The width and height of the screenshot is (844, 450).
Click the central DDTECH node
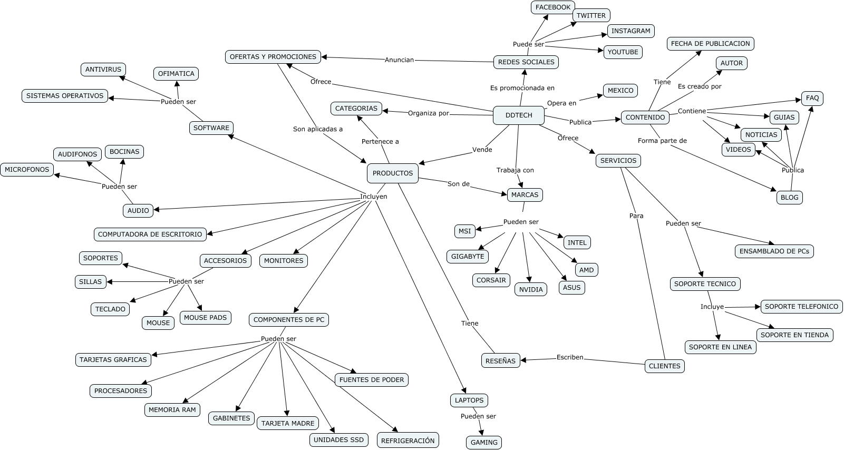click(519, 115)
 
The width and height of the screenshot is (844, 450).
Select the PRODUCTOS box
click(393, 173)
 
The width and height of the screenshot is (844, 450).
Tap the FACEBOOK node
click(553, 7)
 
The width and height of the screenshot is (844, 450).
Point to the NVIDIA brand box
click(531, 289)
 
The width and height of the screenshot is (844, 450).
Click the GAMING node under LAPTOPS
click(484, 443)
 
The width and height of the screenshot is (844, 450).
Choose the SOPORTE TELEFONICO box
click(801, 307)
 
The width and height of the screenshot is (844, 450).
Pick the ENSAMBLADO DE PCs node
click(774, 251)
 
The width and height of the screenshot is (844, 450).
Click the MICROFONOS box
click(27, 170)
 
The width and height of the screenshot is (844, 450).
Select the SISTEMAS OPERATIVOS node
click(65, 96)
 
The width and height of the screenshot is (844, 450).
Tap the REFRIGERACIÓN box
click(408, 441)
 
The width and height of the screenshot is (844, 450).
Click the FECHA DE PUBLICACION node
click(710, 44)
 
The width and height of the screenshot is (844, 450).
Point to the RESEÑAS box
click(500, 361)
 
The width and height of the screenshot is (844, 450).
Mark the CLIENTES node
click(664, 366)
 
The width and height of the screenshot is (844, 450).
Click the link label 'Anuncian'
click(399, 60)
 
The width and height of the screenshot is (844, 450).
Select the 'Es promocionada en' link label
click(522, 88)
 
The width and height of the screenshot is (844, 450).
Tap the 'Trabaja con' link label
click(515, 170)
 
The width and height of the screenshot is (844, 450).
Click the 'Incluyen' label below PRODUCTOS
click(373, 197)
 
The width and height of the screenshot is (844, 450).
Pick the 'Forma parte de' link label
click(662, 141)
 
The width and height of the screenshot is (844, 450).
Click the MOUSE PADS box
click(205, 318)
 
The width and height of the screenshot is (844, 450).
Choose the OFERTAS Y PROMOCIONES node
click(273, 57)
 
